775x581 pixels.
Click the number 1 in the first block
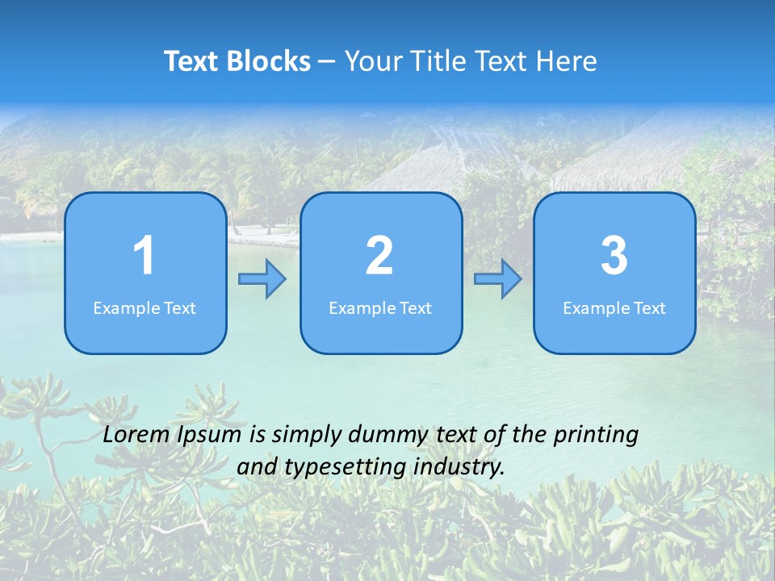pos(145,256)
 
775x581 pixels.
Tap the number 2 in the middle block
pos(379,256)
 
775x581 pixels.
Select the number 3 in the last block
pos(614,256)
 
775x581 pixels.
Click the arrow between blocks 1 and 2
pos(262,279)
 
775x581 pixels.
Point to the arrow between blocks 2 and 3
pos(497,279)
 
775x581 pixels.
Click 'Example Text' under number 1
pos(145,308)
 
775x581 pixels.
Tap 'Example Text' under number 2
pos(380,308)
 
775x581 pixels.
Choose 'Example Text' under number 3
pos(614,308)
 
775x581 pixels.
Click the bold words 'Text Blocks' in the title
pos(237,61)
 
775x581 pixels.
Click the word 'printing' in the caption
pos(596,436)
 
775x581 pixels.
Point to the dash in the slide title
pos(327,62)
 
